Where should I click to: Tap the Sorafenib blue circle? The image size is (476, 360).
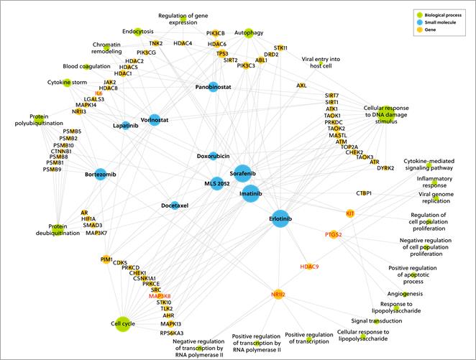[242, 173]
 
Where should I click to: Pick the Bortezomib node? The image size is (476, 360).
[100, 175]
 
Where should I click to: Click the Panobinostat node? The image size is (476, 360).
[213, 87]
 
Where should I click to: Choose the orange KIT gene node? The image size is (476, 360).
[350, 214]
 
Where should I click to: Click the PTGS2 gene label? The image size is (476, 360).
[332, 234]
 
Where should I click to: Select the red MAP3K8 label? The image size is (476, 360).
[160, 296]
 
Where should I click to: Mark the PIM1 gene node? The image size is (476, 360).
[107, 259]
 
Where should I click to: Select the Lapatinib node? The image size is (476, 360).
[125, 124]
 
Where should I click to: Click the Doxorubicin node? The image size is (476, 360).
[213, 156]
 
